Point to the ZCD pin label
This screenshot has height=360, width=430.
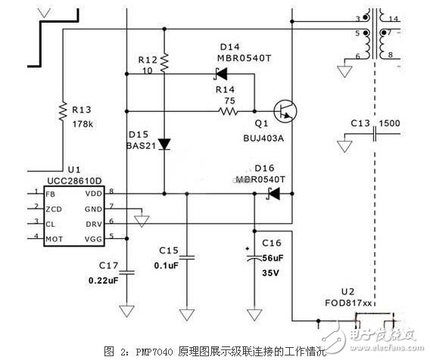(x=53, y=208)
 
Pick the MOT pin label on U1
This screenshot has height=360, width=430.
(x=54, y=238)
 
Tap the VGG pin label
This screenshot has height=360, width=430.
(x=98, y=238)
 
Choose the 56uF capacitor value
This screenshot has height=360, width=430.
(x=274, y=257)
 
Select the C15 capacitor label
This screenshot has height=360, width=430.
(x=168, y=250)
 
